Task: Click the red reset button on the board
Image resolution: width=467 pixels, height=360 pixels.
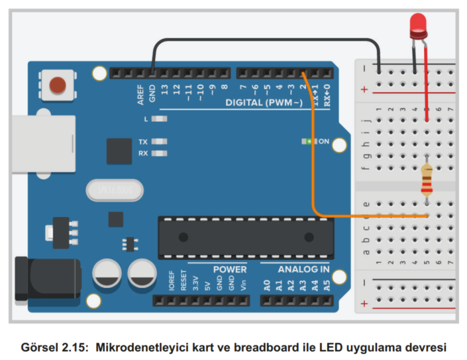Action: (58, 85)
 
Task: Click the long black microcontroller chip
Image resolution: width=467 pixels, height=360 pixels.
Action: (245, 237)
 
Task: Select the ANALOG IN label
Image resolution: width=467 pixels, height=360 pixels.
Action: (303, 269)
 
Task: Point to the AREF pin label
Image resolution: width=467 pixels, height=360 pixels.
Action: (140, 95)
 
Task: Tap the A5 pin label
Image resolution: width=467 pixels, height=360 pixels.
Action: (326, 285)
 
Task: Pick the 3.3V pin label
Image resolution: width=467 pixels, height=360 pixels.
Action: (195, 284)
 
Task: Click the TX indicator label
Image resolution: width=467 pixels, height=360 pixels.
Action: (143, 142)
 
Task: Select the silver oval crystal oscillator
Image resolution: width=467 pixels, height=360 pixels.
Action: (114, 191)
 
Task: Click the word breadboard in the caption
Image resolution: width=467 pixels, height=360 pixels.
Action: (285, 345)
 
